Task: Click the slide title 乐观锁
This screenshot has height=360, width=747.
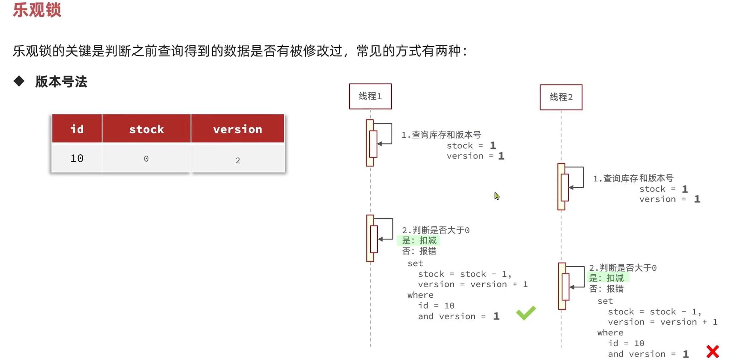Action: (37, 10)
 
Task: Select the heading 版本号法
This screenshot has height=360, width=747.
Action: (61, 82)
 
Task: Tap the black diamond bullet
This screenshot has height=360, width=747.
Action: (19, 81)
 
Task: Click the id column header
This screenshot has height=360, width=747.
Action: (77, 129)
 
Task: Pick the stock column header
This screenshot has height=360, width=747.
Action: (146, 129)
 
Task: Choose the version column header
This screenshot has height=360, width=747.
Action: (238, 129)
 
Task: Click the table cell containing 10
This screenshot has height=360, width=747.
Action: (77, 158)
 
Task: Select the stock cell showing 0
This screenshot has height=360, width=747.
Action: (146, 159)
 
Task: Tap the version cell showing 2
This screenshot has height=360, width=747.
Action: (238, 160)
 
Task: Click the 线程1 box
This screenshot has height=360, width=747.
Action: (370, 96)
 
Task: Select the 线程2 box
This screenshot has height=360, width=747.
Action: (561, 97)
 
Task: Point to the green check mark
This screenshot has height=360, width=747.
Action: (526, 313)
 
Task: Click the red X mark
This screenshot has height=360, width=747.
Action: (712, 351)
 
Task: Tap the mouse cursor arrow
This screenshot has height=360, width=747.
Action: (497, 196)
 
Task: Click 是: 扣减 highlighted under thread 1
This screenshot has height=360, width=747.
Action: (419, 240)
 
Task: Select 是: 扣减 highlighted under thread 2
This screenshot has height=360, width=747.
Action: (606, 278)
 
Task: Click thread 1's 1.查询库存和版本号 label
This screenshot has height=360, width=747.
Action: (441, 135)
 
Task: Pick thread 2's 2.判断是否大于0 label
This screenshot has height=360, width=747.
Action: (623, 268)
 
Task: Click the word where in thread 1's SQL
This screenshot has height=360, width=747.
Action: (420, 295)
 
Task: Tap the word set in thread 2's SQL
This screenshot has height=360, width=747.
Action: (605, 301)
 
